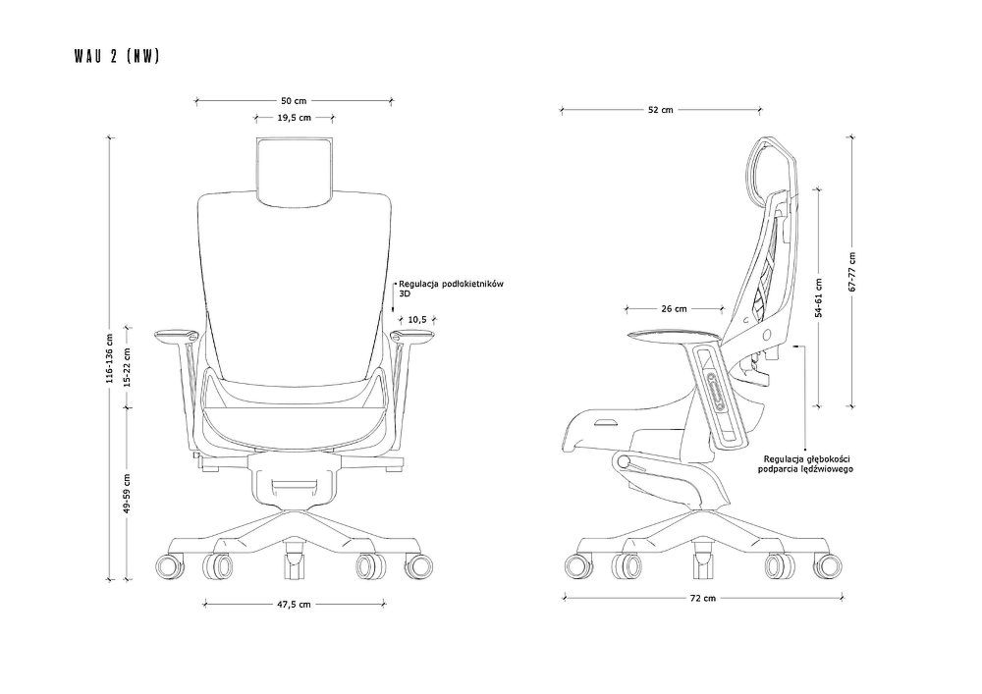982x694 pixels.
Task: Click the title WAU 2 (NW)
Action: click(x=117, y=56)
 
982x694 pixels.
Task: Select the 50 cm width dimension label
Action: click(x=294, y=100)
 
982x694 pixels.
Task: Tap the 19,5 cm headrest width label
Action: click(x=294, y=118)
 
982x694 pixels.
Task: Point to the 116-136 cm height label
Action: click(x=110, y=358)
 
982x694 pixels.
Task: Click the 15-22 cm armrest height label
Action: click(x=127, y=367)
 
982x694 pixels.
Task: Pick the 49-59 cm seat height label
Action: click(x=127, y=493)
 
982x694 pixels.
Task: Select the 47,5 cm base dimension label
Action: click(x=295, y=605)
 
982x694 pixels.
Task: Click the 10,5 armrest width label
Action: click(x=417, y=320)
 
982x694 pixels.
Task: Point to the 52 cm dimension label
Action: click(x=661, y=110)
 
